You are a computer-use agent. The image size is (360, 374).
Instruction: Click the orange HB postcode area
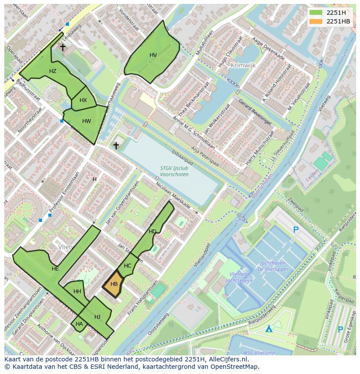tap(113, 284)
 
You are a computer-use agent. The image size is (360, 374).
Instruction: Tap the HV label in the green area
tap(153, 55)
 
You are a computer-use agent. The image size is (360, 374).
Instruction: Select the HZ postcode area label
tap(53, 71)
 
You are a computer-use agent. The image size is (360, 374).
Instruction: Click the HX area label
tap(83, 100)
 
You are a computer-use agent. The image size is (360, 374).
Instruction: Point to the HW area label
tap(87, 121)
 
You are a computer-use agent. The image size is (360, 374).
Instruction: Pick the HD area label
tap(152, 232)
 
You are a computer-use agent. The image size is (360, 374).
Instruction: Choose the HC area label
tap(127, 266)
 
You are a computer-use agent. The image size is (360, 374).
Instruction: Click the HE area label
tap(55, 269)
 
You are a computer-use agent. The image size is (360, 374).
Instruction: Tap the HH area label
tap(77, 291)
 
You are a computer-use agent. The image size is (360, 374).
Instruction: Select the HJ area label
tap(97, 317)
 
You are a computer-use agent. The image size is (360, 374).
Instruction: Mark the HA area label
tap(79, 324)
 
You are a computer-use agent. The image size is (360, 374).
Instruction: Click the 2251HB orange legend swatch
tap(317, 21)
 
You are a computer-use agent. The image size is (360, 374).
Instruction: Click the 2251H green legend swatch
tap(317, 13)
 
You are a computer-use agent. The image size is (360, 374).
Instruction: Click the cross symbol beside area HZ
tap(63, 47)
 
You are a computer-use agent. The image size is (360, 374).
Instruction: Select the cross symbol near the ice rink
tap(116, 146)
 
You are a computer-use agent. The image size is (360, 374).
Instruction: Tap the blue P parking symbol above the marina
tap(296, 230)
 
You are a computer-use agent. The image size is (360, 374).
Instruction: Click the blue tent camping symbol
tap(270, 329)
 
